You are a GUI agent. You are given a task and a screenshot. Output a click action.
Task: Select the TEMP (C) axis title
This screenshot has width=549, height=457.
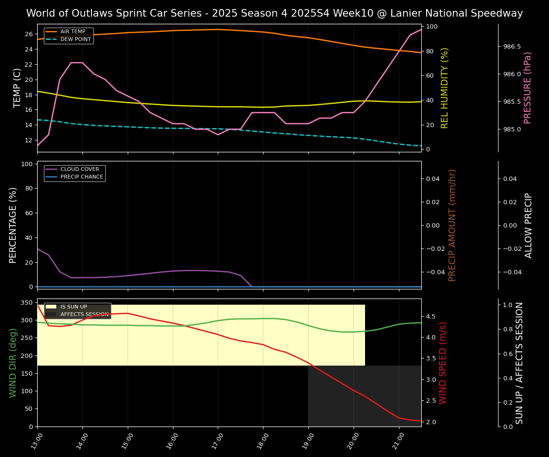[17, 88]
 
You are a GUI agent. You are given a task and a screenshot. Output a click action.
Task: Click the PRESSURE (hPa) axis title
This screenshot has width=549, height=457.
[528, 88]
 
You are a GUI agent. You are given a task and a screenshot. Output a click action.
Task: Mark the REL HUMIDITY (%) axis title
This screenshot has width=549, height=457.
[445, 88]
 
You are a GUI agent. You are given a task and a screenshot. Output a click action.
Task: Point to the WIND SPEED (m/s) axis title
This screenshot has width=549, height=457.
[443, 363]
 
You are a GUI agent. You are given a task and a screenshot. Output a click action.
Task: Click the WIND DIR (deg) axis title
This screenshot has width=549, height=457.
[13, 363]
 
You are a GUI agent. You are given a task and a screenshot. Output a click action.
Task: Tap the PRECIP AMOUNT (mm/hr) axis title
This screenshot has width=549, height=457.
[452, 225]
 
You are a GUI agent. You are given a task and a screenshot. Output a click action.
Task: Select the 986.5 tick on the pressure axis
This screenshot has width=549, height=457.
[512, 47]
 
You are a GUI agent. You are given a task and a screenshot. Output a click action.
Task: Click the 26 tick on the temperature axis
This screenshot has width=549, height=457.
[28, 34]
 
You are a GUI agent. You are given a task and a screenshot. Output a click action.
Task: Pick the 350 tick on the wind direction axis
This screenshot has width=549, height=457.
[26, 303]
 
